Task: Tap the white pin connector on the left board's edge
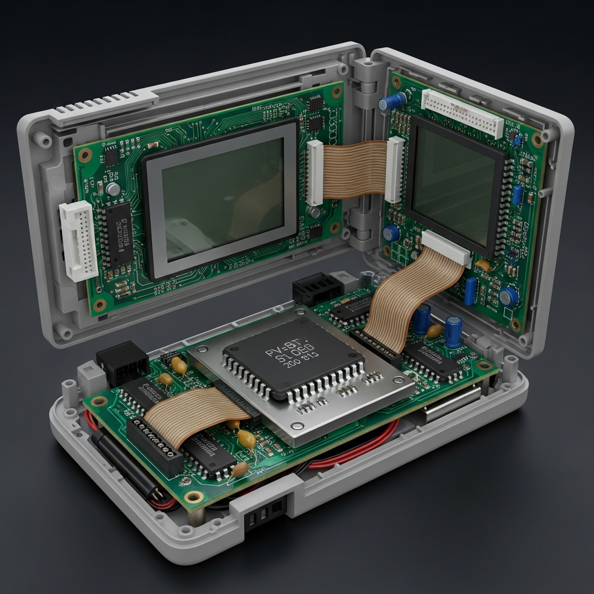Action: pyautogui.click(x=78, y=240)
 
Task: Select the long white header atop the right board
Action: pyautogui.click(x=462, y=113)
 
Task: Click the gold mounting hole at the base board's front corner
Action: pyautogui.click(x=194, y=497)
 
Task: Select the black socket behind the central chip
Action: pyautogui.click(x=317, y=288)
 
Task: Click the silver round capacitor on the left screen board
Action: pyautogui.click(x=114, y=189)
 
